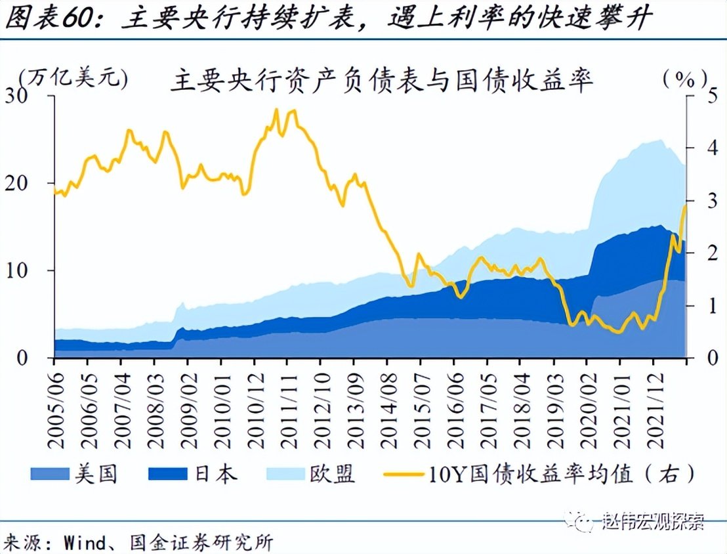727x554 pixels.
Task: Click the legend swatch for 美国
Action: click(50, 473)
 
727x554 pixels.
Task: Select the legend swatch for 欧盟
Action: click(287, 473)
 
